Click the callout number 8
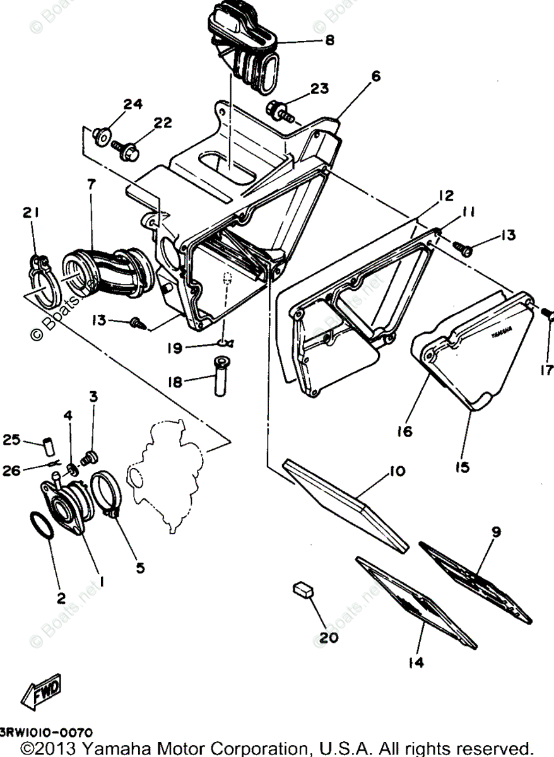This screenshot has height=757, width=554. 329,39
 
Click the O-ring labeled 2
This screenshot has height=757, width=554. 42,525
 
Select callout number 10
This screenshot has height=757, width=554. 398,471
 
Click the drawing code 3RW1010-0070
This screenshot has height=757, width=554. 46,733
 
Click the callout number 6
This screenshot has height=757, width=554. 376,77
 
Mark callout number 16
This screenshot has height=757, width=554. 404,431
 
